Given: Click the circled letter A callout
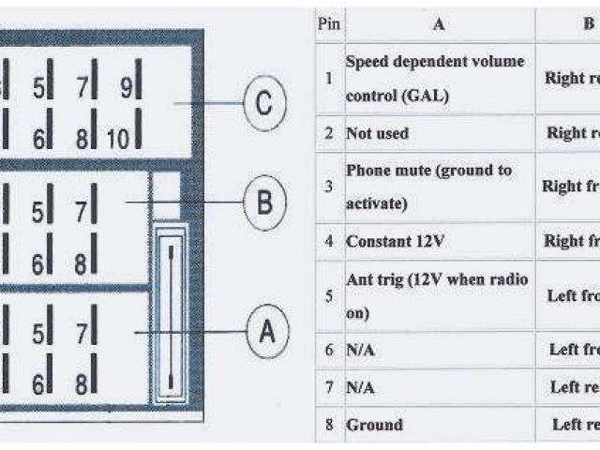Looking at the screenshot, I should click(x=267, y=332).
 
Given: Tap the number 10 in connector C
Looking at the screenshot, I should click(x=117, y=140).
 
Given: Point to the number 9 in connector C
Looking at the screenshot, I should click(x=125, y=88).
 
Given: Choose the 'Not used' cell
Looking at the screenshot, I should click(x=378, y=133).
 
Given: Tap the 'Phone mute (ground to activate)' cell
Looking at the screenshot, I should click(x=429, y=187).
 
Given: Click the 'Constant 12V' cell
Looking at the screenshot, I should click(x=395, y=241).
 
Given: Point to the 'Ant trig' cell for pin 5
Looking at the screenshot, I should click(x=437, y=296).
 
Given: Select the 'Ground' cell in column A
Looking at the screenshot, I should click(x=374, y=425).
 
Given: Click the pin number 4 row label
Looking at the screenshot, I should click(x=328, y=241).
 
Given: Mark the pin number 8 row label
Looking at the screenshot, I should click(x=328, y=425).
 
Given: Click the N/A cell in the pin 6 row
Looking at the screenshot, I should click(x=361, y=350).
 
